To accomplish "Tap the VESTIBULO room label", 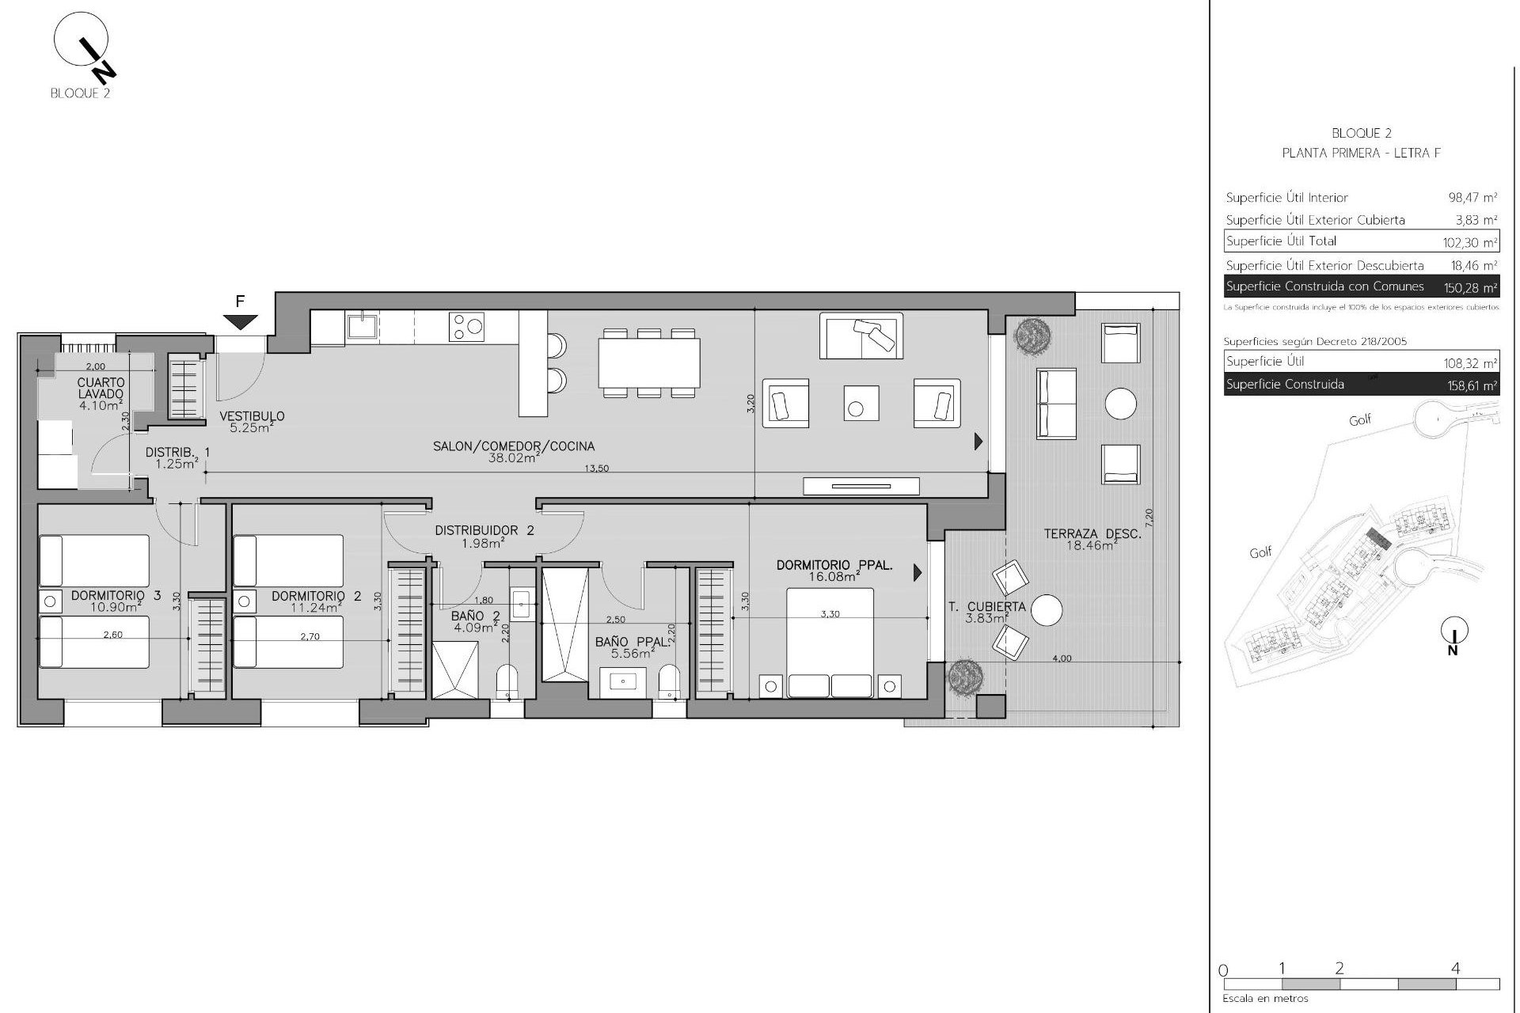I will coord(252,416).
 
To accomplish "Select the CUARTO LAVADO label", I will coord(101,388).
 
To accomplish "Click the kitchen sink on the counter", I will coord(362,326).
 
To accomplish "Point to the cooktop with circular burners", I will coord(467,327).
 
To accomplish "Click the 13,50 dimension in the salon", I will coord(596,469).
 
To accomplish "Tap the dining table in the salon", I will coord(649,362).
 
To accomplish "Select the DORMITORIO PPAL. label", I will coord(834,565).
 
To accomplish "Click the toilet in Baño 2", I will coord(507,681).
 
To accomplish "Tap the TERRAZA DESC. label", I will coord(1092,534).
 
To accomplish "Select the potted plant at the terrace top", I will coord(1032,336).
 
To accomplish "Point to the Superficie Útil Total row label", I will coord(1281,241).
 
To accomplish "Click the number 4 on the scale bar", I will coord(1455,968).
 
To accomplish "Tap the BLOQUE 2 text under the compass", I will coord(80,93).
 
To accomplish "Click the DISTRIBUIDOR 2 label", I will coord(484,530).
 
